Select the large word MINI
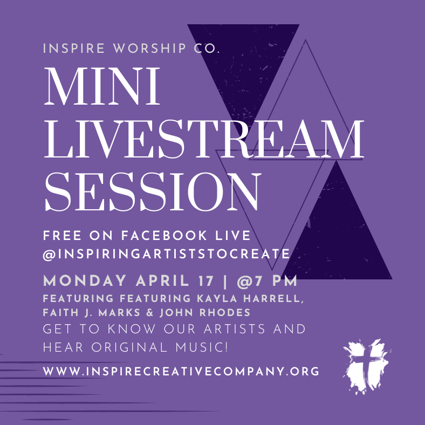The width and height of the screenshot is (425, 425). tap(102, 86)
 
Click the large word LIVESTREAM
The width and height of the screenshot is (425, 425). tap(204, 139)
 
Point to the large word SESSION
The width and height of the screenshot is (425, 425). tap(153, 191)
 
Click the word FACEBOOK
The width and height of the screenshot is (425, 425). tap(164, 235)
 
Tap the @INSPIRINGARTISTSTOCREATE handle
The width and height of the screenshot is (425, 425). tap(167, 254)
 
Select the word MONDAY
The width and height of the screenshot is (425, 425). tap(85, 280)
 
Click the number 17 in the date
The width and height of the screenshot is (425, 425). tap(205, 281)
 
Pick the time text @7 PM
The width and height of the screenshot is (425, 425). tap(267, 281)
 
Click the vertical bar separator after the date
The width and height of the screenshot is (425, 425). tap(225, 281)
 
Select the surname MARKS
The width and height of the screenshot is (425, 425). tap(119, 312)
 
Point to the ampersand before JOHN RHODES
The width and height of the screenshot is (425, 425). tap(150, 312)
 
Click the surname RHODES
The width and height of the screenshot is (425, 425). tap(225, 312)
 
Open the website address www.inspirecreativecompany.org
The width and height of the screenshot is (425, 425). tap(181, 371)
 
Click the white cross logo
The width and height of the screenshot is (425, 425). tap(367, 366)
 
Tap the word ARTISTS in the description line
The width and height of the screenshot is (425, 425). tap(234, 329)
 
